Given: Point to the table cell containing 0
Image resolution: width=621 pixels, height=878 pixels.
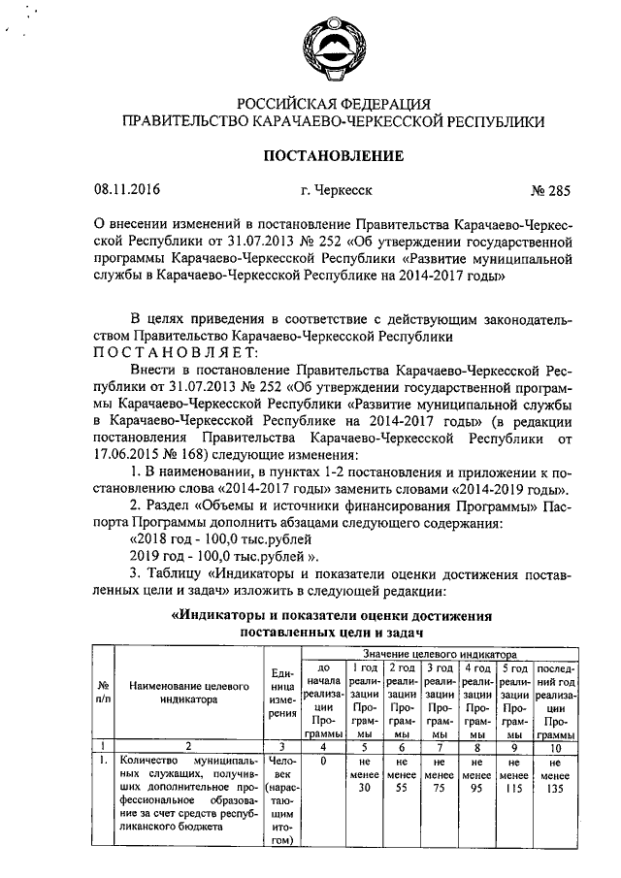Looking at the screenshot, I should (x=321, y=762).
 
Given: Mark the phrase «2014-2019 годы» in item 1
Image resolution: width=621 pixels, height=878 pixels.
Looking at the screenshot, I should (x=518, y=488).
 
